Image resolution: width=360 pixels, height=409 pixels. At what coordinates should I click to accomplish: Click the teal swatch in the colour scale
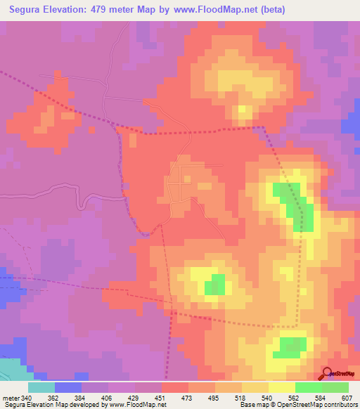(x=41, y=387)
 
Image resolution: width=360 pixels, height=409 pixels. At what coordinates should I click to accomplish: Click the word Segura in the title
(x=30, y=11)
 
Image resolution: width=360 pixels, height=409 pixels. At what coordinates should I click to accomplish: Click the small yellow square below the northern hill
(x=244, y=111)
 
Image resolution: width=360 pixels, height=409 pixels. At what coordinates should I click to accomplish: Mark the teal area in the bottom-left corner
(x=10, y=370)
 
